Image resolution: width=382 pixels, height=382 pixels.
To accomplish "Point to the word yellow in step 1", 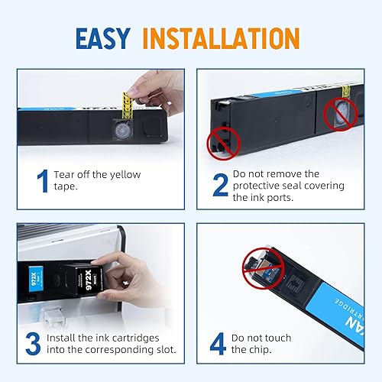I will (124, 174).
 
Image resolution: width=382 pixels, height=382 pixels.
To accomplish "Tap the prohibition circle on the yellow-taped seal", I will (338, 115).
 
